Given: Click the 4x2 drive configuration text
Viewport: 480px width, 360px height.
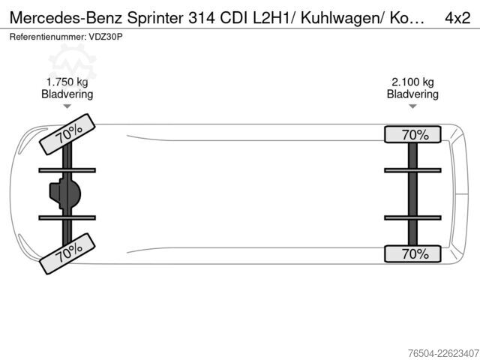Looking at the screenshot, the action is (457, 18).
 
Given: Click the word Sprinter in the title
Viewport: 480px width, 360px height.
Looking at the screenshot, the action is (155, 18).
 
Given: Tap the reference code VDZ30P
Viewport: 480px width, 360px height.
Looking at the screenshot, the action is (106, 37).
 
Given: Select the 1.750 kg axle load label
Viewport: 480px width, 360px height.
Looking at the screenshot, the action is (67, 82).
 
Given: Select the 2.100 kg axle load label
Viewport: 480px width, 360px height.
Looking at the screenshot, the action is (412, 82).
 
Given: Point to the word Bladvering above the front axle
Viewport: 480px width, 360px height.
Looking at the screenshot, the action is (67, 94).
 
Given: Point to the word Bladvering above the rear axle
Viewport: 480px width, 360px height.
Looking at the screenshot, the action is (412, 94).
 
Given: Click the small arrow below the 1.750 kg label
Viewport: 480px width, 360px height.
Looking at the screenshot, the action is (67, 106).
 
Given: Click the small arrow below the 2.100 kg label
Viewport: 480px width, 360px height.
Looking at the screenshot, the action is (412, 106).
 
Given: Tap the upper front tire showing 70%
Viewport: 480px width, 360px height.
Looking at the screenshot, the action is (67, 134).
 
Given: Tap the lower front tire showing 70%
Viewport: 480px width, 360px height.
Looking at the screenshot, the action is (67, 253).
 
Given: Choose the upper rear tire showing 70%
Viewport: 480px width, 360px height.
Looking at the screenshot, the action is (412, 134).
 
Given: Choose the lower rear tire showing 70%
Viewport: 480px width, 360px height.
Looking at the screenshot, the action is (412, 253).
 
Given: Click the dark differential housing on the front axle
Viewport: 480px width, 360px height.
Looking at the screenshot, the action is (65, 193).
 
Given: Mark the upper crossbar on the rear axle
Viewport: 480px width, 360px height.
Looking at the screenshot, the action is (412, 170).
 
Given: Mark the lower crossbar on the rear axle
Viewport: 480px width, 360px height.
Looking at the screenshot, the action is (412, 217).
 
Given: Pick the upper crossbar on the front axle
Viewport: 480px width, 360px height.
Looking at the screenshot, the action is (67, 170).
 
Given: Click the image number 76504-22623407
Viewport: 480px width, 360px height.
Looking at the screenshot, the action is (443, 353).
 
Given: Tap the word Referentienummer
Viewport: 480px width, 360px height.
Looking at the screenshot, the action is (48, 37).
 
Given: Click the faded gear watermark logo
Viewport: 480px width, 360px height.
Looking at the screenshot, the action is (73, 62).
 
